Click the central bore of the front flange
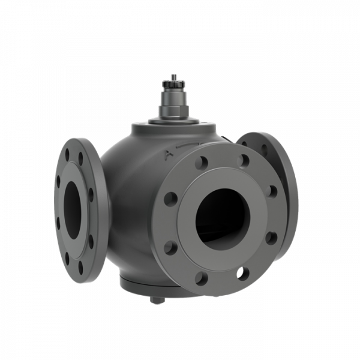(222, 219)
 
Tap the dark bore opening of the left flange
(72, 210)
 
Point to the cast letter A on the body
(169, 155)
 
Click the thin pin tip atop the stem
(174, 77)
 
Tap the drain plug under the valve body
(157, 299)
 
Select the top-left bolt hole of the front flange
(202, 163)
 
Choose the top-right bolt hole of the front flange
(243, 160)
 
